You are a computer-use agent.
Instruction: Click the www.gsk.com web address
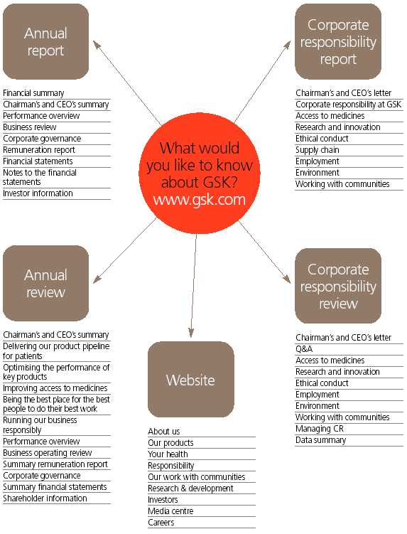pyautogui.click(x=199, y=200)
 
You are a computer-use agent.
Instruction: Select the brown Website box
pyautogui.click(x=191, y=380)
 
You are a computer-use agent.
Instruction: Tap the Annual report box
pyautogui.click(x=46, y=41)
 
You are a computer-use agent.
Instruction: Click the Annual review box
pyautogui.click(x=46, y=283)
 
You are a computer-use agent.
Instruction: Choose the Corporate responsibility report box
pyautogui.click(x=338, y=41)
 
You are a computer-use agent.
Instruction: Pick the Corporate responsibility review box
pyautogui.click(x=338, y=286)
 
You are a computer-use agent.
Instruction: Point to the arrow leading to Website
pyautogui.click(x=194, y=285)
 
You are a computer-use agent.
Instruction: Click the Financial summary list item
pyautogui.click(x=33, y=93)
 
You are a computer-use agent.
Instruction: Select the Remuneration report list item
pyautogui.click(x=39, y=150)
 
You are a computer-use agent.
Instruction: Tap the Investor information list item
pyautogui.click(x=38, y=193)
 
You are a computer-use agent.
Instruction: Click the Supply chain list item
pyautogui.click(x=318, y=150)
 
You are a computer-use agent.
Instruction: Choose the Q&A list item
pyautogui.click(x=304, y=349)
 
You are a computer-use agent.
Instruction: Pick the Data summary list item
pyautogui.click(x=320, y=440)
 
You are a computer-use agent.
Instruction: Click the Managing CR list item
pyautogui.click(x=320, y=429)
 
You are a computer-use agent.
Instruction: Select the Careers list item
pyautogui.click(x=161, y=523)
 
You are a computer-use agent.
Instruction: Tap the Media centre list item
pyautogui.click(x=170, y=511)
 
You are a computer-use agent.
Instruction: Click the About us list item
pyautogui.click(x=163, y=432)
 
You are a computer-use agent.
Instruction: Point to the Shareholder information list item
pyautogui.click(x=45, y=498)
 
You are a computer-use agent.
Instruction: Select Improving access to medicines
pyautogui.click(x=55, y=388)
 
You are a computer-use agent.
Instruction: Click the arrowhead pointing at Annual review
pyautogui.click(x=97, y=279)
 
